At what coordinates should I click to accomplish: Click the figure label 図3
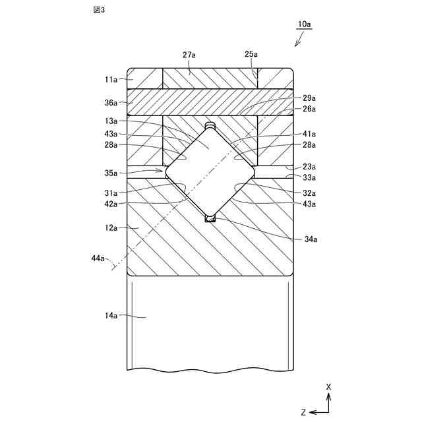(x=100, y=11)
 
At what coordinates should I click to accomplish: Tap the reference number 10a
(x=305, y=24)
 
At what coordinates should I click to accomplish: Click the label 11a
(x=110, y=79)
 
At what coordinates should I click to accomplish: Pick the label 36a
(x=110, y=103)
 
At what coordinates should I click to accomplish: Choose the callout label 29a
(x=309, y=97)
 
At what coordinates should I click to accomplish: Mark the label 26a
(x=309, y=109)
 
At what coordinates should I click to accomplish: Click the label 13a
(x=110, y=121)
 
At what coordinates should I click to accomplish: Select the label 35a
(x=110, y=173)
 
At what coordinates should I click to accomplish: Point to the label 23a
(x=309, y=167)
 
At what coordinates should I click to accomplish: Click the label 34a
(x=309, y=239)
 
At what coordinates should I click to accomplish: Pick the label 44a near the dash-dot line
(x=98, y=258)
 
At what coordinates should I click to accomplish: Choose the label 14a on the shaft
(x=110, y=316)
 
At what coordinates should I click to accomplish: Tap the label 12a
(x=110, y=227)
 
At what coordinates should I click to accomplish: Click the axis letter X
(x=328, y=386)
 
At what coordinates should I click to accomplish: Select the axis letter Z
(x=303, y=412)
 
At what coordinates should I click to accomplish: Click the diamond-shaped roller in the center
(x=210, y=171)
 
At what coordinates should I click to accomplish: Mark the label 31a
(x=110, y=193)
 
